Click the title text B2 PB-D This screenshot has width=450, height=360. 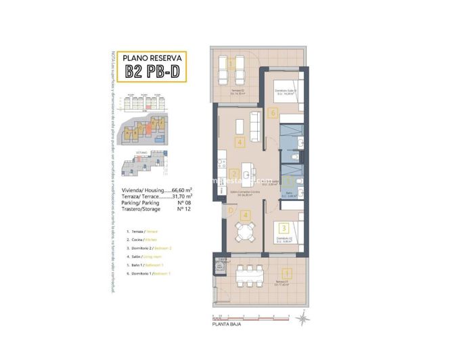point(152,72)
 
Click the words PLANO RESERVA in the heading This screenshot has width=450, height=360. point(152,58)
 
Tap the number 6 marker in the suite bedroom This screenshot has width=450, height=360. point(272,114)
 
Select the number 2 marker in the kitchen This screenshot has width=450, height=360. point(233,174)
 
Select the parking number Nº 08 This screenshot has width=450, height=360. point(181,203)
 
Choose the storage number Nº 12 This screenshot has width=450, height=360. point(181,210)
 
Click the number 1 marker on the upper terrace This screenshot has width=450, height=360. point(231,62)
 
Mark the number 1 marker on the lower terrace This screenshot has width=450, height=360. point(286,274)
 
